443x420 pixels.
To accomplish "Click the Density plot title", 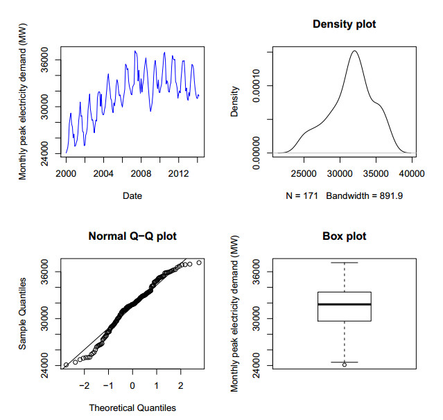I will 345,25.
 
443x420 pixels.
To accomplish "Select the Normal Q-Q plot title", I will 132,236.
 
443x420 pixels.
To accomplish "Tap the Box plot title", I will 345,236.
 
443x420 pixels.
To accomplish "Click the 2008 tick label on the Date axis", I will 141,172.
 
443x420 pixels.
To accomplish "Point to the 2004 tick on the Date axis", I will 103,172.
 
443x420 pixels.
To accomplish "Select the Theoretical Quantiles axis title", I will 132,408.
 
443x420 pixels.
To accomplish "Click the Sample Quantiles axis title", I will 23,313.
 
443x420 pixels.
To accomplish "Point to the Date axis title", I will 132,196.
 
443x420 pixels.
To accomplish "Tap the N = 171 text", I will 302,196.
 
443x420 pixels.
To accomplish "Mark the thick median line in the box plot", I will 345,304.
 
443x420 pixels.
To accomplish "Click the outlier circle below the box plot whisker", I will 345,365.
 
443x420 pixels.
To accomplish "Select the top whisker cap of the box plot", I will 345,263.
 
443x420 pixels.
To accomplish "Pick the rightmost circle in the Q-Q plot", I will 199,263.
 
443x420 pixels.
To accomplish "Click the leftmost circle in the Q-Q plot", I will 66,365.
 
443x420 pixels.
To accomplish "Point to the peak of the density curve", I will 355,51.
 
